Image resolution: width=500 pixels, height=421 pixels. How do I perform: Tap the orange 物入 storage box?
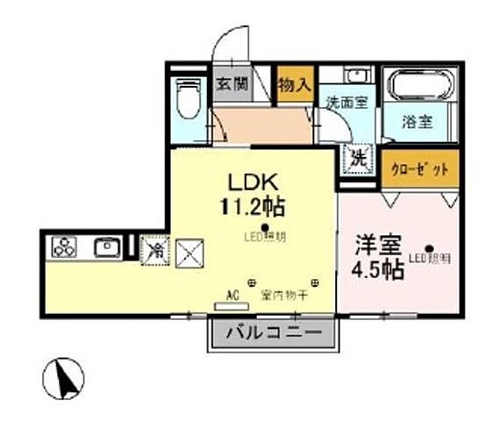295,85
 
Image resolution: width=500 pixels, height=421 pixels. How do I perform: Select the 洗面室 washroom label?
346,101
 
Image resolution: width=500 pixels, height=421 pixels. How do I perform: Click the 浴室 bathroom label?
417,122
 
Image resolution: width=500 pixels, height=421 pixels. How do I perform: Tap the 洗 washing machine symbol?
358,159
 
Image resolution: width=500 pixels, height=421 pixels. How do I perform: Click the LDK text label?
254,183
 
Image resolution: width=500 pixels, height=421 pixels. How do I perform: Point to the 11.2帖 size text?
254,209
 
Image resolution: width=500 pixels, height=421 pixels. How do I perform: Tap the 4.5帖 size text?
379,269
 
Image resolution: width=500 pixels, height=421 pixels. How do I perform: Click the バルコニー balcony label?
271,332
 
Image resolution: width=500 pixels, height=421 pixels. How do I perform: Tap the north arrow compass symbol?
64,379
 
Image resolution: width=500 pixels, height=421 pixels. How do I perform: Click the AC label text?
233,295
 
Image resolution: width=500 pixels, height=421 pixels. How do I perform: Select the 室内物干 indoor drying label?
283,296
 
